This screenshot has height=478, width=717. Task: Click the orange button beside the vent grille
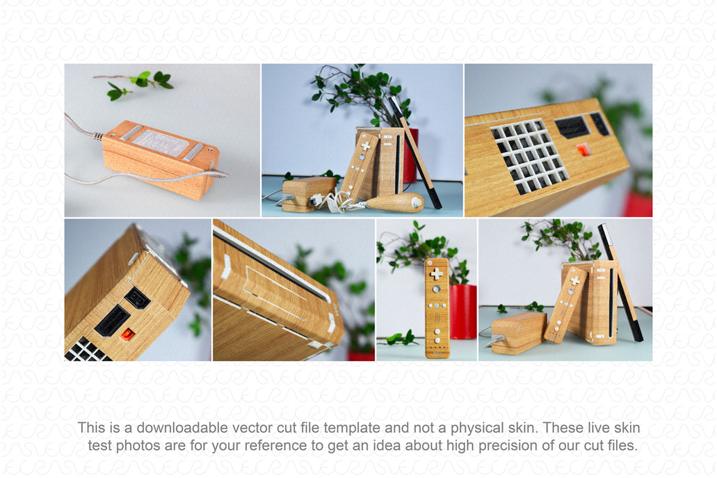(x=583, y=149)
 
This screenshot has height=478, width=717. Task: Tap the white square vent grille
(x=529, y=156)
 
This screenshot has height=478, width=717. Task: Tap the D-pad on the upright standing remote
(x=436, y=273)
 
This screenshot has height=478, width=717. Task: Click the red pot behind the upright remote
(x=462, y=312)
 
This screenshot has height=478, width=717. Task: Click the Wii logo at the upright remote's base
(x=437, y=353)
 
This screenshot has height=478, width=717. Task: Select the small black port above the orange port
(x=137, y=298)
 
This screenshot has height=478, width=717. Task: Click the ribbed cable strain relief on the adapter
(x=98, y=136)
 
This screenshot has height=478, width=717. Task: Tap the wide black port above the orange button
(x=572, y=127)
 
